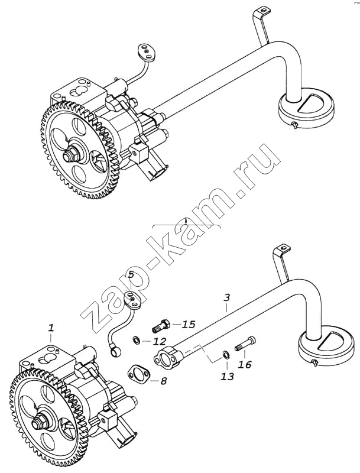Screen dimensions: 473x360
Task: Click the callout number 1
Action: tap(51, 327)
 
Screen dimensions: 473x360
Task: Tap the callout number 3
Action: tap(226, 298)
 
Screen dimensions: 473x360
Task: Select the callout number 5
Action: tap(131, 274)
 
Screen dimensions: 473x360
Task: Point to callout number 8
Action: tap(163, 381)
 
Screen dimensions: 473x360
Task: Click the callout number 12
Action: tap(160, 341)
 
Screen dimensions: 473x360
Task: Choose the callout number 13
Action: tap(228, 375)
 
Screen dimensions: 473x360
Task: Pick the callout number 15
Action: tap(189, 324)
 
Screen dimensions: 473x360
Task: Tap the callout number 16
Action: tap(244, 365)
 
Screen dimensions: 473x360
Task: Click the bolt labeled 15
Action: tap(161, 324)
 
